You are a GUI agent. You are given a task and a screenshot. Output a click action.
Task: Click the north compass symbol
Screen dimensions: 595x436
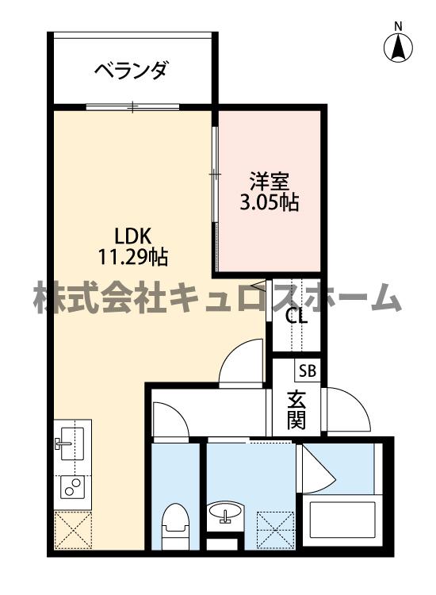coord(399,48)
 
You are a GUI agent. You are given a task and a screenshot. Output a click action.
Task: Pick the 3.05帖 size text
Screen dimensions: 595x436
coord(269,202)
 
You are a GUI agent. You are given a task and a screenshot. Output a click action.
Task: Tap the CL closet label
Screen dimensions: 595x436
coord(296,316)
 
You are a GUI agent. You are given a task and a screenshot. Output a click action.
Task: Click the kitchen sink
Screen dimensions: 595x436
coord(72,440)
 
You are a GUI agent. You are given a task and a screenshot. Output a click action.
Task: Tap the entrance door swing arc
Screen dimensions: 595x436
coord(346,409)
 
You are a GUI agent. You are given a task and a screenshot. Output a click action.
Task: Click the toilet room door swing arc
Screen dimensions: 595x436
coord(169,419)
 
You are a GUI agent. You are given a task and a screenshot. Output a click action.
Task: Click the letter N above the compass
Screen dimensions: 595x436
coord(399,25)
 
